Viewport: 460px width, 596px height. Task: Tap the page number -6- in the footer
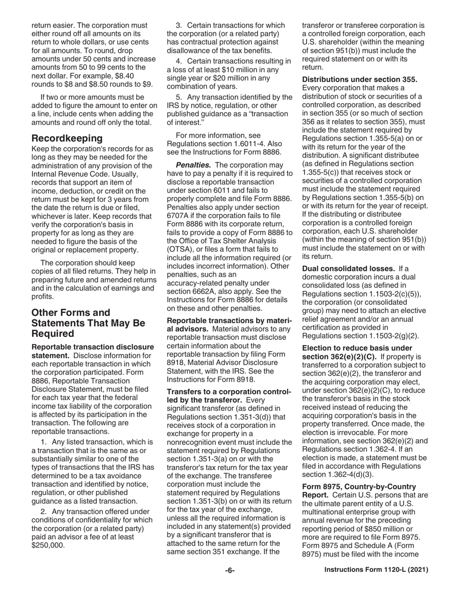coord(230,570)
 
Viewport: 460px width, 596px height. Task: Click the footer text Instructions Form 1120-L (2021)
coord(376,570)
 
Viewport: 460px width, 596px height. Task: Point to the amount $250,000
coord(48,545)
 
